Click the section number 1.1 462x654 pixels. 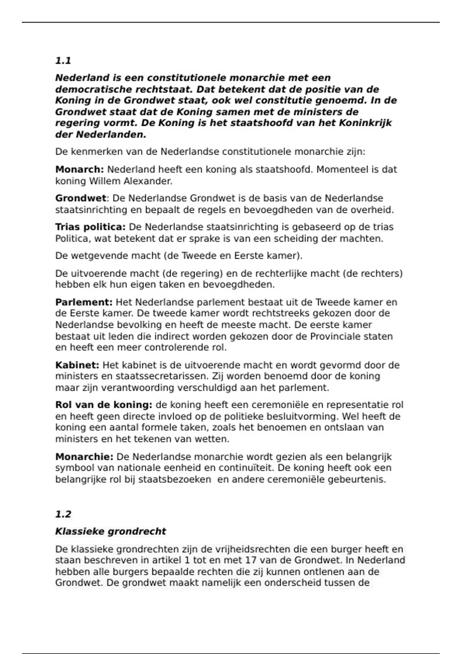(63, 61)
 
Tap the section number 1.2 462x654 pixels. (63, 514)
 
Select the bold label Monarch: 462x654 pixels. (80, 170)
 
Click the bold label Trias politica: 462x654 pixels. (90, 227)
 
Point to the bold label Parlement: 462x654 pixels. (84, 302)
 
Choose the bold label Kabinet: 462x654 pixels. (77, 365)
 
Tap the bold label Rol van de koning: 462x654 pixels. (104, 405)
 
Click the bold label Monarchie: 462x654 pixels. (84, 457)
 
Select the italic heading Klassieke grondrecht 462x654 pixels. (110, 532)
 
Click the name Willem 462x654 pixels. (105, 181)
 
